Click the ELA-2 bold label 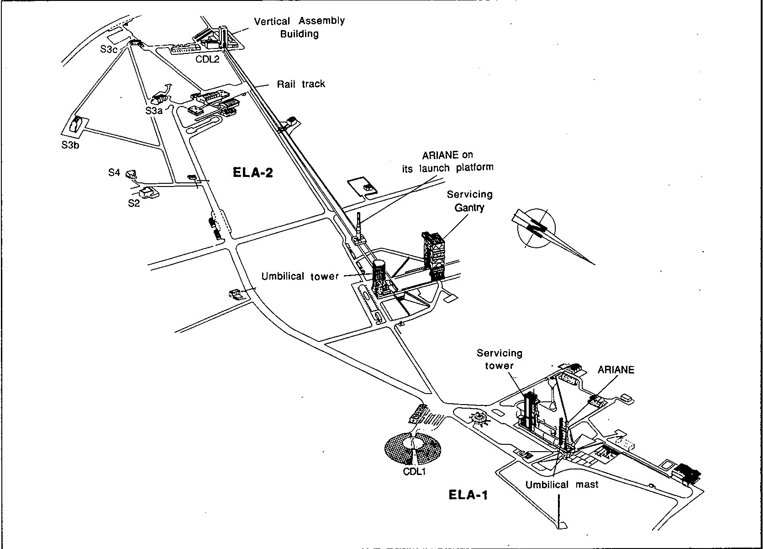point(253,172)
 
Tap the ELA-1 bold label point(468,495)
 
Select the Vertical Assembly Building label point(299,27)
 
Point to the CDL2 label point(208,59)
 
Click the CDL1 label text point(414,471)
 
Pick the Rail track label point(301,84)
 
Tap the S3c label point(109,49)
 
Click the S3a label point(154,110)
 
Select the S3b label point(70,145)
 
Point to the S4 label point(114,172)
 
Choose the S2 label point(133,203)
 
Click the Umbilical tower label point(300,276)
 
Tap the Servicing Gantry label point(469,201)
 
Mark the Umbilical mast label point(562,485)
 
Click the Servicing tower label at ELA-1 point(500,359)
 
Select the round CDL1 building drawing point(415,448)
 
